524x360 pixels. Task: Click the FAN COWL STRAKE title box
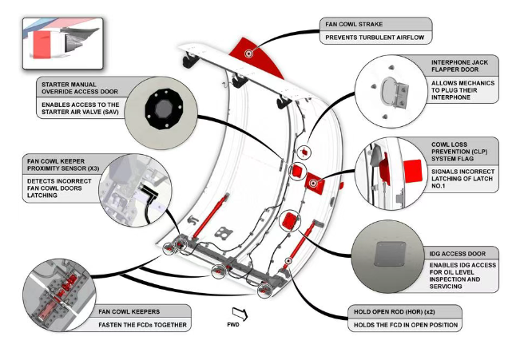point(375,24)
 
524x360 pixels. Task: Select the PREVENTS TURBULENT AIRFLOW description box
point(375,38)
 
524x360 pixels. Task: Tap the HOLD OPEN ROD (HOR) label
point(404,311)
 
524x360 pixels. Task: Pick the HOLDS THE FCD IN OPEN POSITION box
point(404,325)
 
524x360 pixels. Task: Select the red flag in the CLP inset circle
point(412,169)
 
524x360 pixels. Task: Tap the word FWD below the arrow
point(233,324)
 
